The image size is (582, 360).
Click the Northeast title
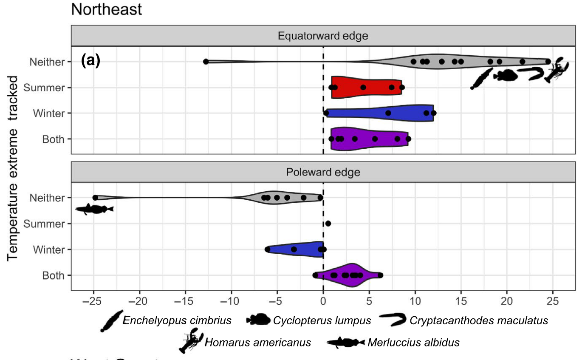tap(107, 9)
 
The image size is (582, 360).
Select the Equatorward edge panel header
tap(323, 36)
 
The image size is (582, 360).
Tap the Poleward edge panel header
tap(323, 172)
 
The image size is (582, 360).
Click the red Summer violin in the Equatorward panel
tap(365, 88)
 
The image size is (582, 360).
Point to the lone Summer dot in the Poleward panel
tap(328, 224)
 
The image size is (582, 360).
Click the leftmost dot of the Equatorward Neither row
tap(206, 62)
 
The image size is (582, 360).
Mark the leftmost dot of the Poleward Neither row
tap(95, 198)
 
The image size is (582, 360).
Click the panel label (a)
tap(90, 61)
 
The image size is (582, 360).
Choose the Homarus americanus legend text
tap(258, 342)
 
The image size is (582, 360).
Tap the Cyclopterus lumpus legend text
tap(322, 320)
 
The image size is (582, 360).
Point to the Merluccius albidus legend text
tap(414, 342)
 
